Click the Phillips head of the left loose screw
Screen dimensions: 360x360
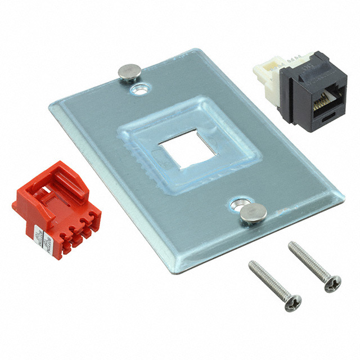(x=293, y=303)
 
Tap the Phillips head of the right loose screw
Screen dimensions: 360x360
(x=332, y=285)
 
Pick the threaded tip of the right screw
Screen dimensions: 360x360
(x=292, y=245)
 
